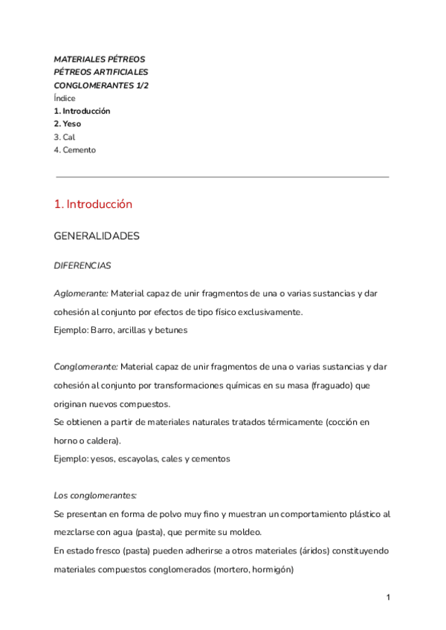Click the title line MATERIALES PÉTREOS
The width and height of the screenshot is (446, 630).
(x=100, y=59)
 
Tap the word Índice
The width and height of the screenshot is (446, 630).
(x=65, y=98)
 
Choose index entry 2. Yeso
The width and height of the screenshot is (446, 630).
(x=68, y=124)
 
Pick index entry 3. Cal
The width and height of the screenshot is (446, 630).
(x=65, y=137)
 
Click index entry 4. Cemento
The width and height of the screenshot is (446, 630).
(x=75, y=150)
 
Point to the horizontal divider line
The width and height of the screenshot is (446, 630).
(x=222, y=177)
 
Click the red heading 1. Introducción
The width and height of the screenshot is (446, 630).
(x=93, y=204)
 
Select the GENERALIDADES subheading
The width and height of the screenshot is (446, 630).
(x=97, y=236)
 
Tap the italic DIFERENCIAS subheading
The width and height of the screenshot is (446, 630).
(x=83, y=264)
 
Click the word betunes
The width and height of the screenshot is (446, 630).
(x=172, y=330)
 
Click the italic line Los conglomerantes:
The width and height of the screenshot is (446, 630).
(x=95, y=496)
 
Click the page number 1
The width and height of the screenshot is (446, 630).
(x=388, y=597)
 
